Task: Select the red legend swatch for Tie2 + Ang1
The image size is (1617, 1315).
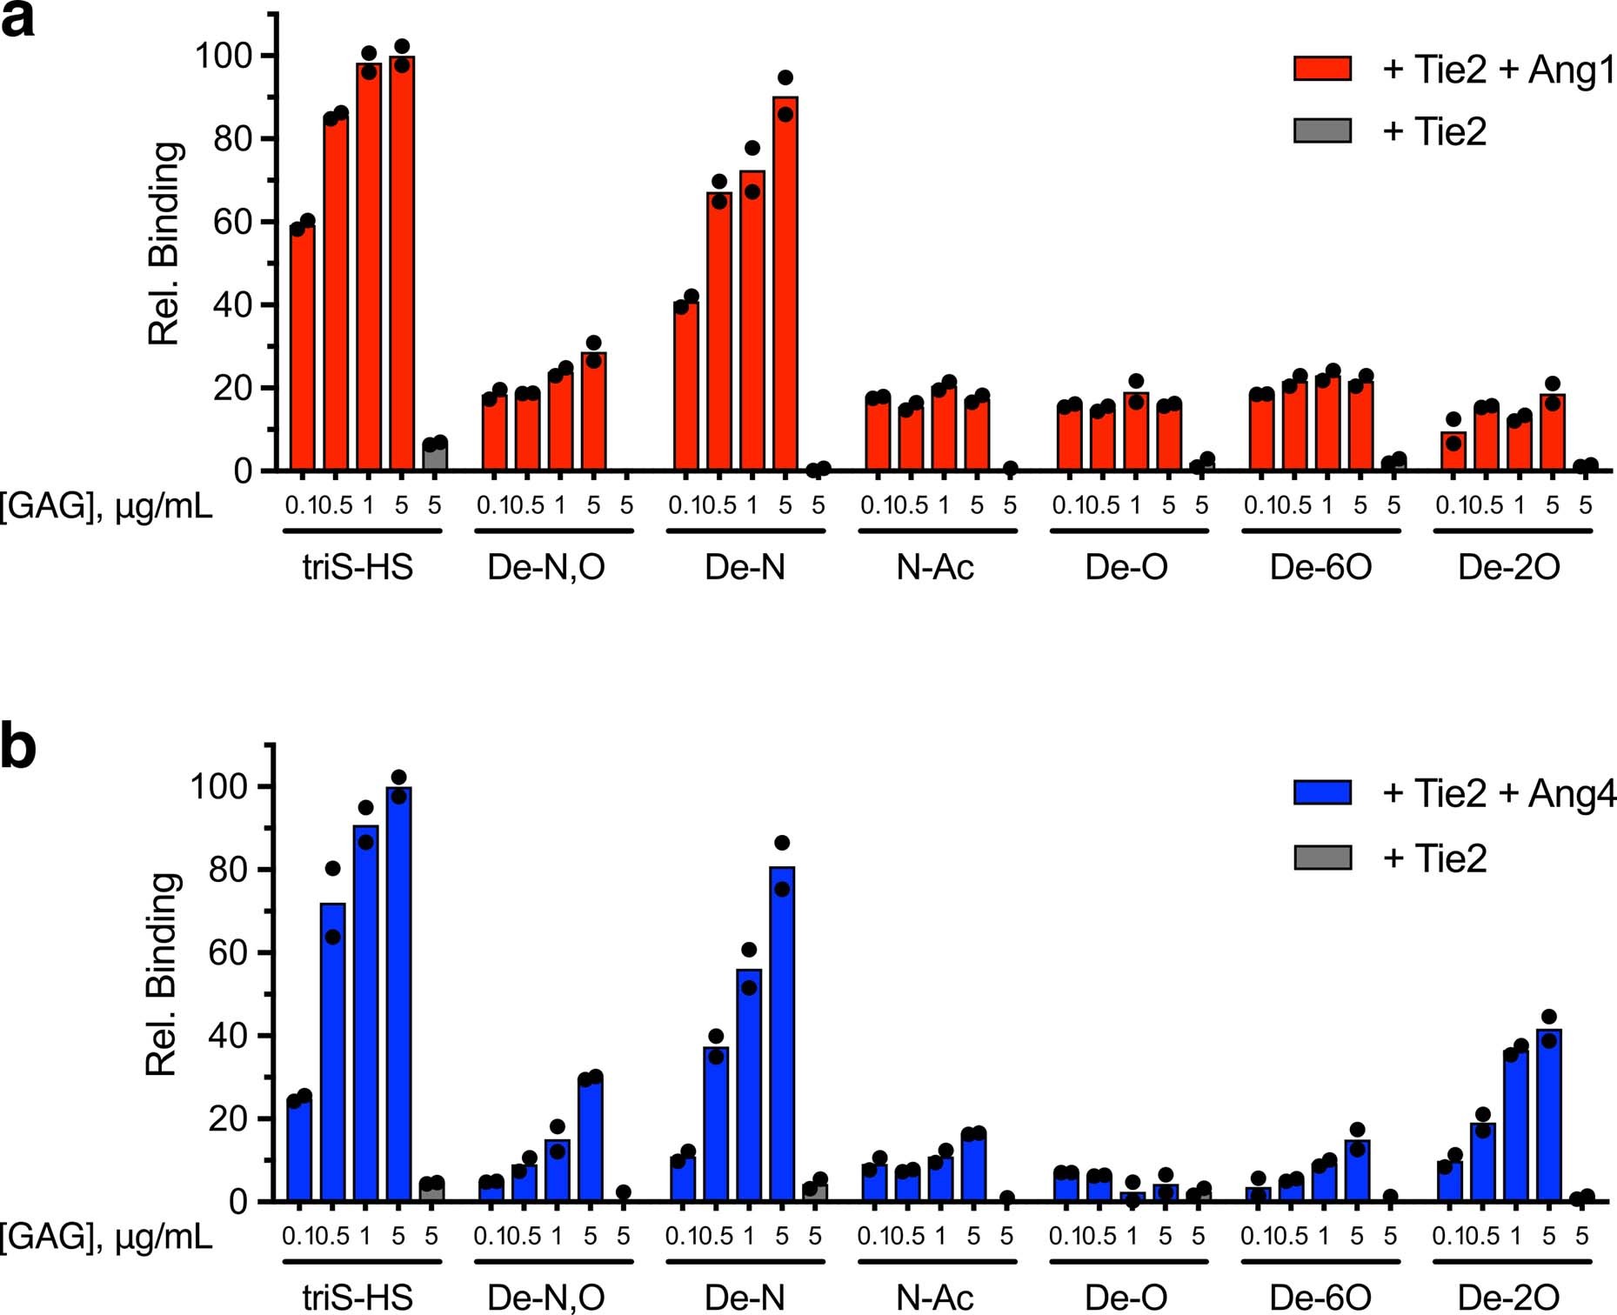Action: click(x=1322, y=69)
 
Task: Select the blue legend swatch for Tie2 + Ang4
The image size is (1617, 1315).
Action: click(x=1322, y=792)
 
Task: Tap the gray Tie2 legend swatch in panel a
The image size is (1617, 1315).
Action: click(x=1322, y=131)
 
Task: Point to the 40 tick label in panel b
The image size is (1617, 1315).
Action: click(x=228, y=1036)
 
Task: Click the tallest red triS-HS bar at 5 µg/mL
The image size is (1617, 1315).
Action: click(x=402, y=261)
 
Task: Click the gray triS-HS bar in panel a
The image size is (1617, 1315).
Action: click(x=435, y=457)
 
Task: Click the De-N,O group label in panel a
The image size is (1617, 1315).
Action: click(x=546, y=567)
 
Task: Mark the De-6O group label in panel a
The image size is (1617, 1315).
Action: click(x=1320, y=567)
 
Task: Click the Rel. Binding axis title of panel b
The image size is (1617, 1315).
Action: click(x=162, y=974)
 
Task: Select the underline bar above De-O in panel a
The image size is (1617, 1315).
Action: click(x=1128, y=531)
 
